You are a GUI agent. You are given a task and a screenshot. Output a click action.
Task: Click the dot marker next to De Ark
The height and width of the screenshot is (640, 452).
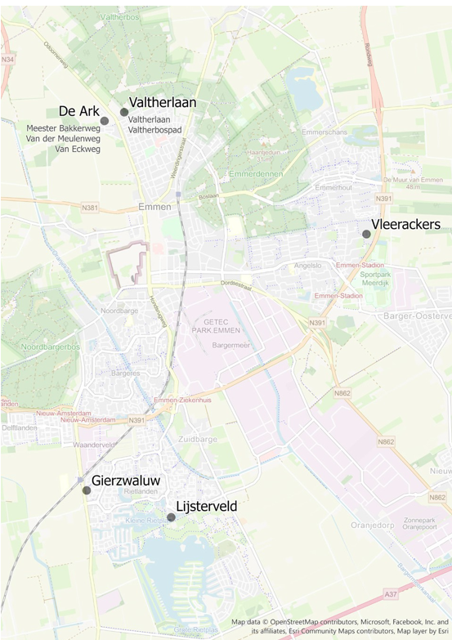105,121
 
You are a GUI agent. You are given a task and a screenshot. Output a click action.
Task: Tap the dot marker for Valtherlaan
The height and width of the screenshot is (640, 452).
124,112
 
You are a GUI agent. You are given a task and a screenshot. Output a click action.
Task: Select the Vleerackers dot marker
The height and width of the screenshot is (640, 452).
366,234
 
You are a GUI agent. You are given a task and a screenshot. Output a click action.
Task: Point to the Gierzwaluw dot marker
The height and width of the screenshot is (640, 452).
87,490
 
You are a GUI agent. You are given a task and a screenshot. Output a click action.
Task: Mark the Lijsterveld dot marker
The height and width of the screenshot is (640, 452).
171,517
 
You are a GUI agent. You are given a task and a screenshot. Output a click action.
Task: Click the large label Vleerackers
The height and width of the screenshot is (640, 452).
405,224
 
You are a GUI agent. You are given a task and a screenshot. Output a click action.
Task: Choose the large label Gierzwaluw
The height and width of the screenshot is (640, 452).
124,481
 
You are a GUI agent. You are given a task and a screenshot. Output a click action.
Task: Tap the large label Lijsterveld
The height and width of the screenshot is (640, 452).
207,507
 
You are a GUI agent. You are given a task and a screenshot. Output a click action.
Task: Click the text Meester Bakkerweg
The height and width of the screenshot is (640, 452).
63,129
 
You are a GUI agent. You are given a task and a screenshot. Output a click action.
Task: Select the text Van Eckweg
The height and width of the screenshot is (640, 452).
73,150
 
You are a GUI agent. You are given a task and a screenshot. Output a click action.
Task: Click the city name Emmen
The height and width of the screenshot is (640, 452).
154,207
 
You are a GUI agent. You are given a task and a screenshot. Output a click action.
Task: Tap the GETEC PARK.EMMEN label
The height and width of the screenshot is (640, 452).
216,325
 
